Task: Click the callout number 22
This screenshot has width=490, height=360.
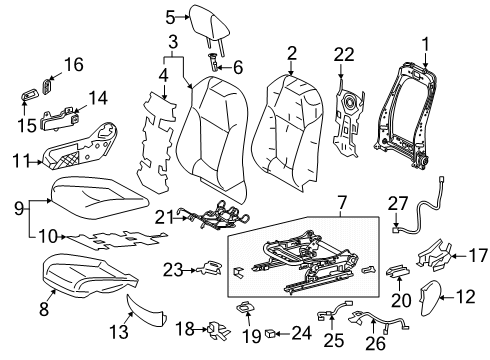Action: (344, 54)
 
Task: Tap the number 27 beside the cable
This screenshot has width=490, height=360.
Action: (398, 203)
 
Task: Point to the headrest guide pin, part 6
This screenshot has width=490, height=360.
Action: (214, 62)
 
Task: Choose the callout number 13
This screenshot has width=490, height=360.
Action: (119, 331)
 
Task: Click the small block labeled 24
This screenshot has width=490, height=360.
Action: (270, 333)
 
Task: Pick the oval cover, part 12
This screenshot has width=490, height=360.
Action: (430, 298)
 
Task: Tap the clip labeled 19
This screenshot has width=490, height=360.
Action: (245, 307)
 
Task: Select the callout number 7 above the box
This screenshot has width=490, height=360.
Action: (342, 204)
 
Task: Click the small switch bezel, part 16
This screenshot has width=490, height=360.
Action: (46, 87)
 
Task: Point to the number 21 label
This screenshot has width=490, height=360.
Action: (164, 218)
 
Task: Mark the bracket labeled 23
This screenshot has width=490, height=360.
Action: (209, 268)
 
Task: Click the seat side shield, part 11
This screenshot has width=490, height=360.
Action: (79, 148)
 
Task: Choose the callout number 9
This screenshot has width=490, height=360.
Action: (19, 208)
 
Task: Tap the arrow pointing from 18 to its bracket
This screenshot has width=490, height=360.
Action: (201, 329)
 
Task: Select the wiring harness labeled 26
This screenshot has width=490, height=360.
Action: (378, 321)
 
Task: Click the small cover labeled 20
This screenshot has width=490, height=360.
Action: (398, 271)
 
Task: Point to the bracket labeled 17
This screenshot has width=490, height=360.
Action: (435, 256)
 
